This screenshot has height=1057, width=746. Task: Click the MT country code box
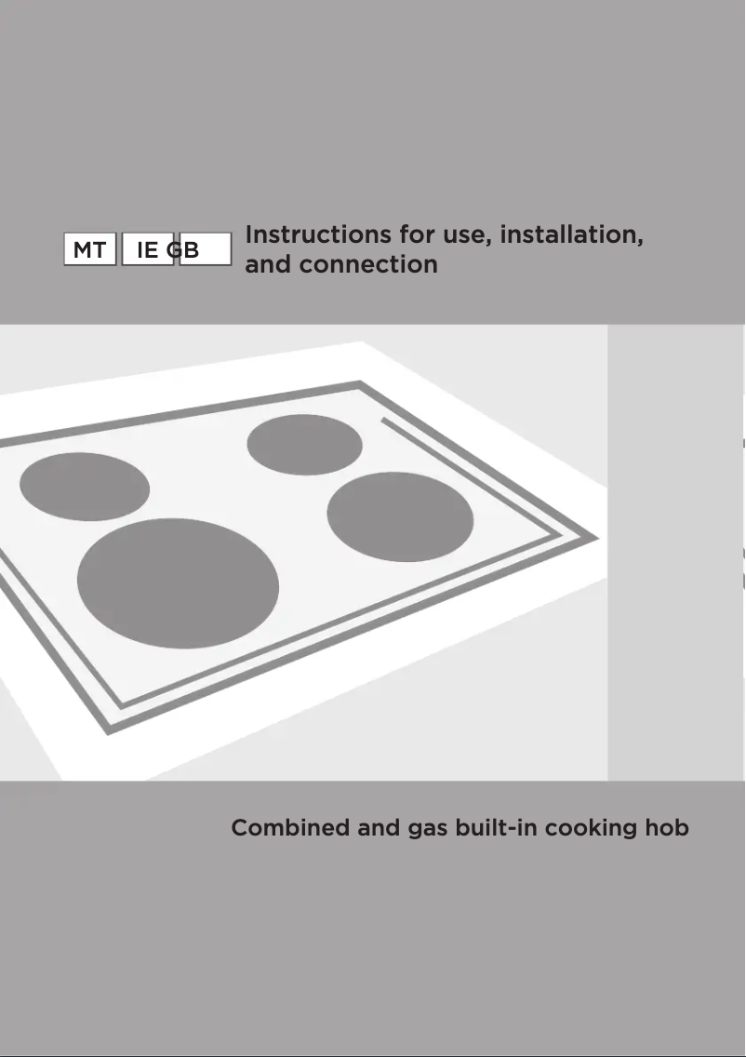[x=89, y=250]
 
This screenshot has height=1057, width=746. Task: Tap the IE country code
[x=147, y=250]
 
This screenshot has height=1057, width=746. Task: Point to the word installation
[x=571, y=234]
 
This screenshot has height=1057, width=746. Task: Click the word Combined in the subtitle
[x=290, y=827]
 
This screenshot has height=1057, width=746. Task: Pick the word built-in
[x=496, y=827]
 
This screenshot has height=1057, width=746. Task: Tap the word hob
[x=667, y=827]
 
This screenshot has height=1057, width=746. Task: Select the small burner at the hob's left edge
[x=84, y=487]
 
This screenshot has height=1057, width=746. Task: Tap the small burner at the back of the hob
[x=304, y=443]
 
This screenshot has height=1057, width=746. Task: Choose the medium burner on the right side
[x=400, y=516]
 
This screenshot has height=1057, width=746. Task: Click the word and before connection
[x=268, y=264]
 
